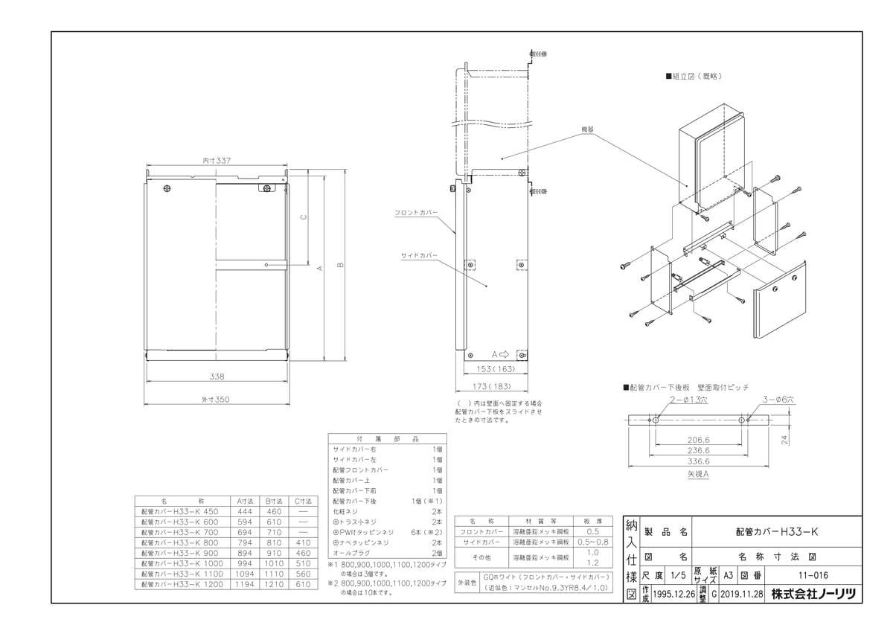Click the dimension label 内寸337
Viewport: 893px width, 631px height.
[x=217, y=160]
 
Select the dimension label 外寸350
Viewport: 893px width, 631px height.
[x=215, y=400]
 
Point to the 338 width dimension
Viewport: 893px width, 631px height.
[x=217, y=377]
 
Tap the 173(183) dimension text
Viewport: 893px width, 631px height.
[x=492, y=386]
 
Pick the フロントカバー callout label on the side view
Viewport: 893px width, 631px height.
[x=416, y=212]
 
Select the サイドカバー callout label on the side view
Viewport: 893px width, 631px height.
[x=418, y=255]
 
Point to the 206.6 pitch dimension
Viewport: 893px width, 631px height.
[x=699, y=440]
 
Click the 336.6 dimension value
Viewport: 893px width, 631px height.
[x=699, y=461]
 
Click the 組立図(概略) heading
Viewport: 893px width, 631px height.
[x=696, y=77]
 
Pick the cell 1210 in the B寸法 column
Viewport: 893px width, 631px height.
[x=272, y=586]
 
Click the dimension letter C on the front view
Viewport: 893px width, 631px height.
[x=301, y=217]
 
